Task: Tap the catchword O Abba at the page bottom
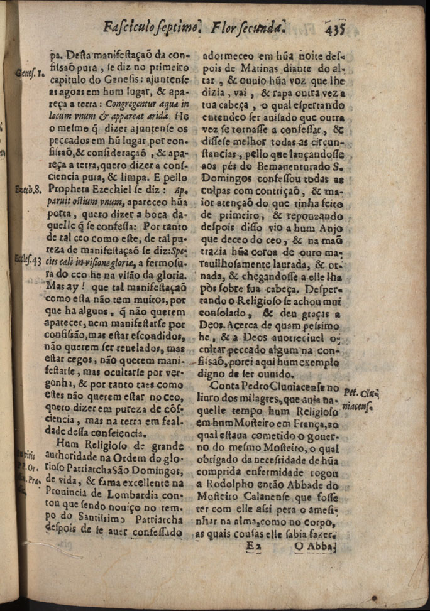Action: coord(316,547)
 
